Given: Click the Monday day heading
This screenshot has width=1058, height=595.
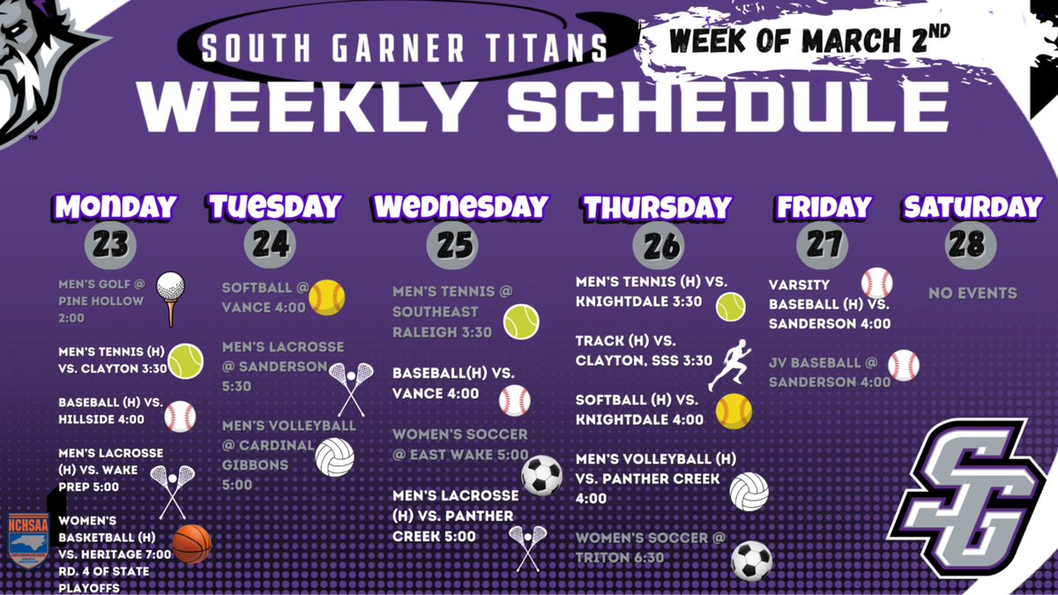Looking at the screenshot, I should tap(115, 208).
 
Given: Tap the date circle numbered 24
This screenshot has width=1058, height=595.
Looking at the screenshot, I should tap(272, 244).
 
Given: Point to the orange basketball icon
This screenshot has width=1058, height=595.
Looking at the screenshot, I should tap(191, 544).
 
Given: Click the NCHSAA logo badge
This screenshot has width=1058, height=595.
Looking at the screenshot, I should tap(27, 540).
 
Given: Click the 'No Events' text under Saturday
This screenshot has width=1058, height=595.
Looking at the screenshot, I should tap(972, 293).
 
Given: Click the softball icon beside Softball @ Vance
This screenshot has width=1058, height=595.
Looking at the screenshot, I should tap(326, 298).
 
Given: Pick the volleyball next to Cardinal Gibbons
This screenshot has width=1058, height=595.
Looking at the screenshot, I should tap(334, 457).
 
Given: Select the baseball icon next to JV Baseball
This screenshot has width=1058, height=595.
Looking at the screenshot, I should tap(903, 365).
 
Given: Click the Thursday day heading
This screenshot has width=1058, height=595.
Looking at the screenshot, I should tap(657, 208).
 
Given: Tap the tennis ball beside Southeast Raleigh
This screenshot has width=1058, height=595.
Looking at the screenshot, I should tap(521, 322).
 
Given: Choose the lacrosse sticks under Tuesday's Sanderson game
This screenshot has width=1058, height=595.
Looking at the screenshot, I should tap(351, 389).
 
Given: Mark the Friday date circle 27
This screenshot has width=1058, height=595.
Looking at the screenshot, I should tap(823, 244).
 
